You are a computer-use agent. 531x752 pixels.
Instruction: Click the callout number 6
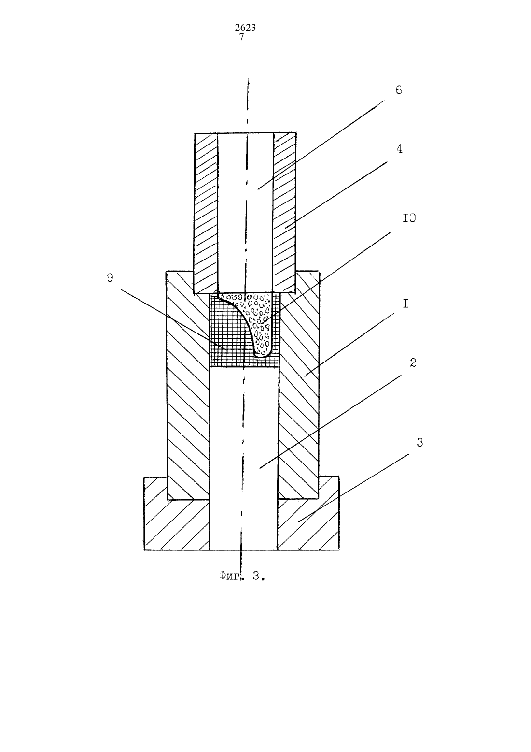399,90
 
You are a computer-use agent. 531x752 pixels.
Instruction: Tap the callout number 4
399,149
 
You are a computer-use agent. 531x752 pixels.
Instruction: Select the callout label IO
409,218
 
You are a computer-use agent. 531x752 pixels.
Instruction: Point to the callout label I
406,304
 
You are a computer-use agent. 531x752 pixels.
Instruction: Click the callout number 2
413,362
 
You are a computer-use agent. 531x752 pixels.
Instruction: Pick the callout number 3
419,443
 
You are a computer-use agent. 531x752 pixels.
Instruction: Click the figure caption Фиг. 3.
242,576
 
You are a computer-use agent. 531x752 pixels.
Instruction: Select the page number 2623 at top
245,28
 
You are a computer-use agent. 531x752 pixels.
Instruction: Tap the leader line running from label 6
321,145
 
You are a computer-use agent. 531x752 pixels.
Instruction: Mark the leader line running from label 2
331,421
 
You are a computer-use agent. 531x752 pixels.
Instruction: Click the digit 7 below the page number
242,37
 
